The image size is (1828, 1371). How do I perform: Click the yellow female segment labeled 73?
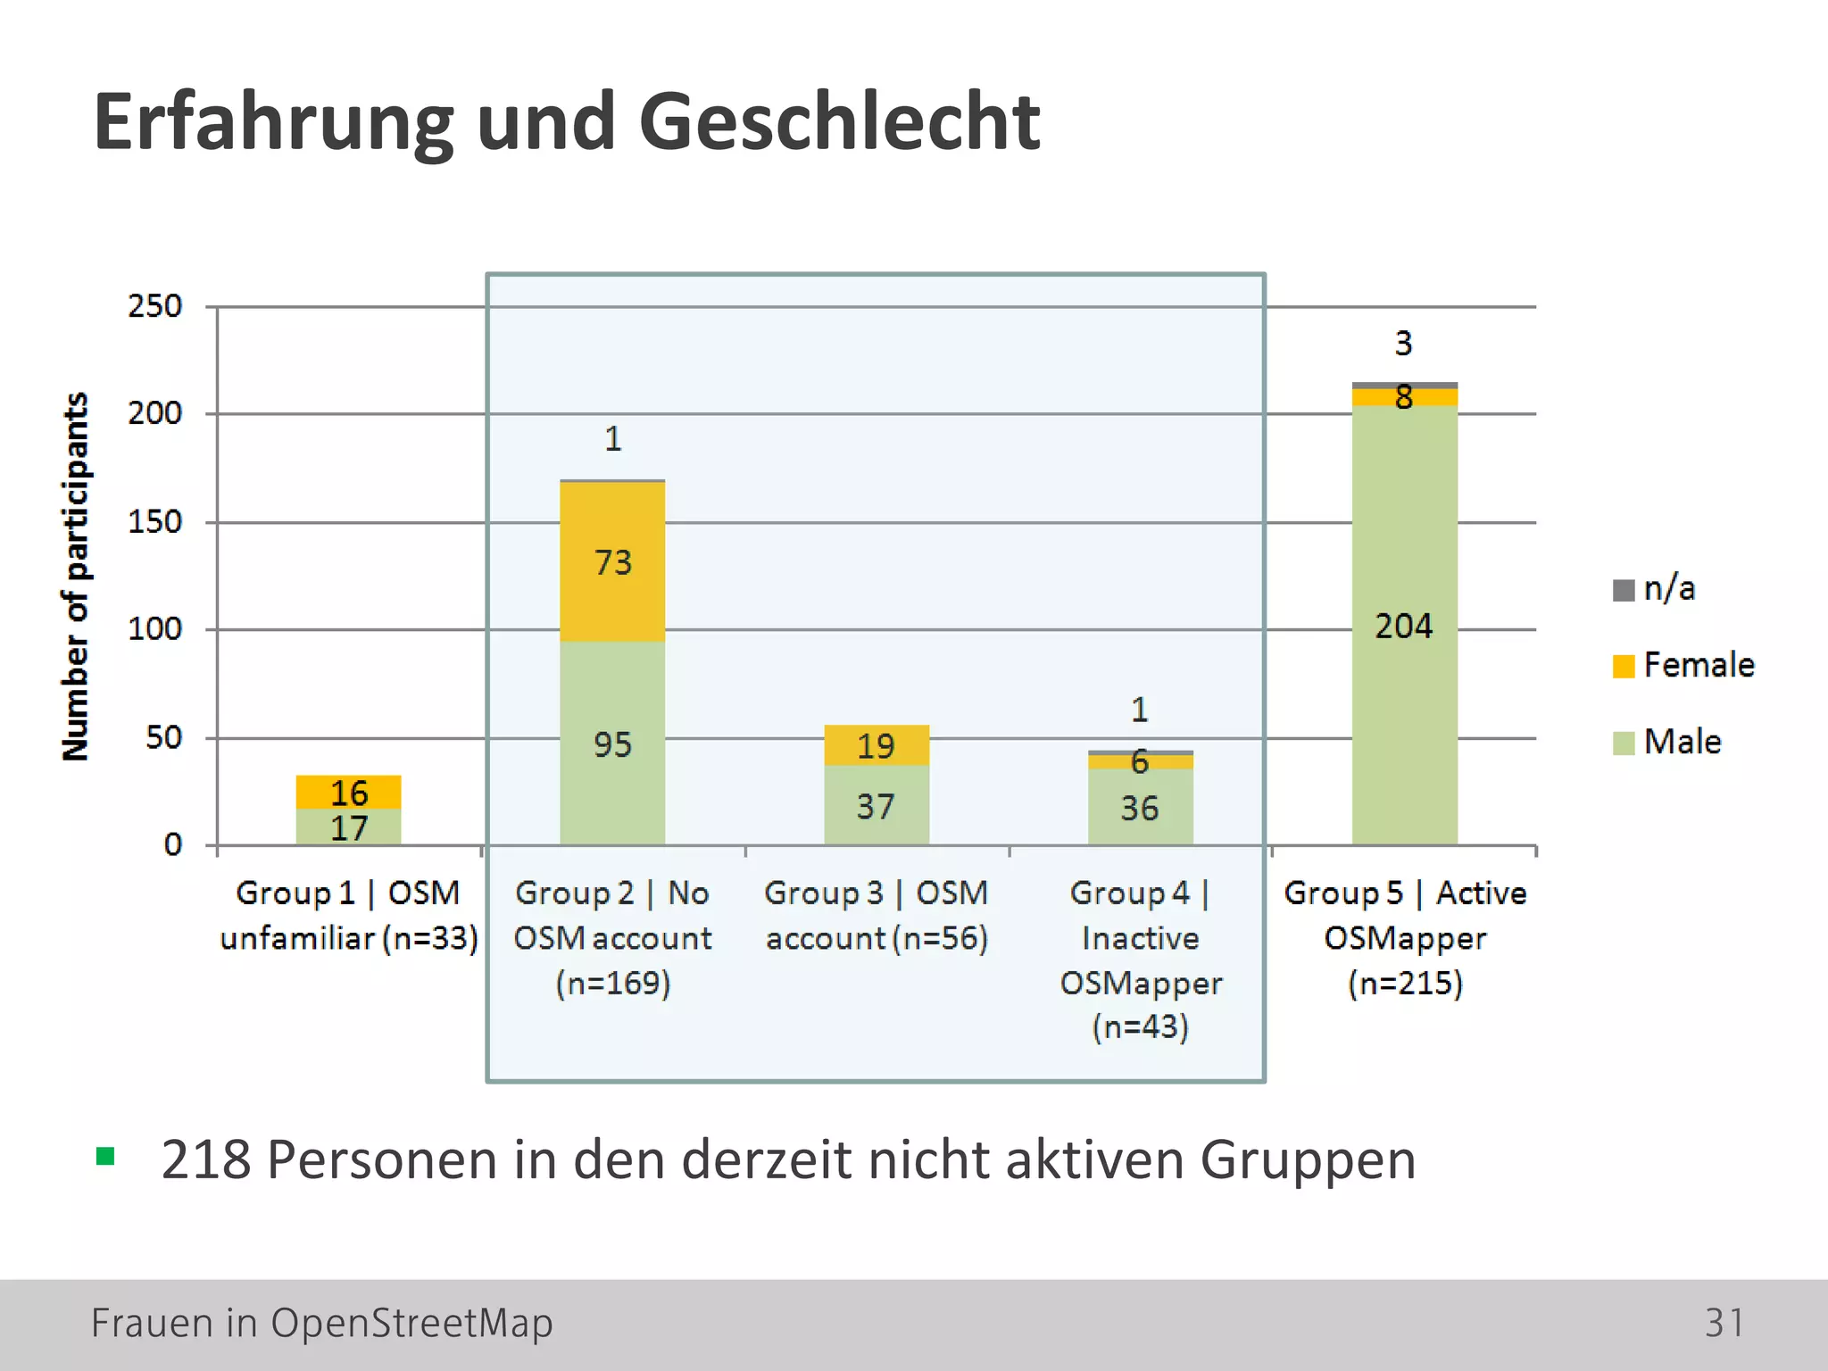click(612, 562)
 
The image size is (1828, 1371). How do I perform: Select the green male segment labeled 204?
click(1404, 625)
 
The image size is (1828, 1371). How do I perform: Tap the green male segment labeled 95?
click(612, 744)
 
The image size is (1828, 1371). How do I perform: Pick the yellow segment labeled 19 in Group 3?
click(876, 745)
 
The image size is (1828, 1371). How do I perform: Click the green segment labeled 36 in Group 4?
click(1140, 808)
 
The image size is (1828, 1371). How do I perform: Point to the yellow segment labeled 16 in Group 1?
click(348, 792)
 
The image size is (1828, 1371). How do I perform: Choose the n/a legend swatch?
click(1624, 590)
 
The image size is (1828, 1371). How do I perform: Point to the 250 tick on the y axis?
click(154, 306)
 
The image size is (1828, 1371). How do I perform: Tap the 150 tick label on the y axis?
click(154, 522)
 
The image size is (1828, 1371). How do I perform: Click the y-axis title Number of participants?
click(75, 576)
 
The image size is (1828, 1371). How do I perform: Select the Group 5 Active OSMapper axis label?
click(1405, 937)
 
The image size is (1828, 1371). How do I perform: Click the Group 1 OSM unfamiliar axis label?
click(348, 915)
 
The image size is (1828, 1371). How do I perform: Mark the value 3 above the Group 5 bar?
click(1404, 344)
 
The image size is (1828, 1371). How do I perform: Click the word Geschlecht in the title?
click(839, 122)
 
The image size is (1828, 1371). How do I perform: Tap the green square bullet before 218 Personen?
click(105, 1157)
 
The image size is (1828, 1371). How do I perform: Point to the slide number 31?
click(1724, 1323)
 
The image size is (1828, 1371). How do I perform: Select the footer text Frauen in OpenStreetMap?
click(321, 1323)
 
